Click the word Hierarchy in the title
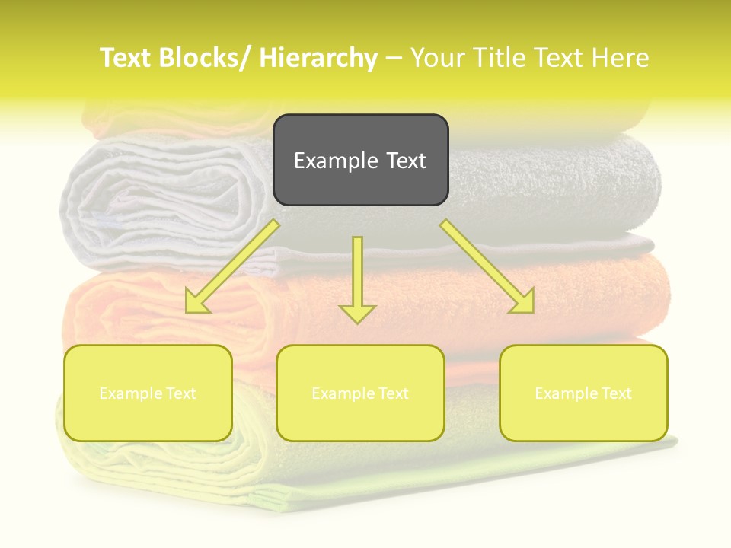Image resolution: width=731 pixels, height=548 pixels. pos(318,58)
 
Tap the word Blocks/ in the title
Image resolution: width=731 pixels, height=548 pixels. pos(202,58)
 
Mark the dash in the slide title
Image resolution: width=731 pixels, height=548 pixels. pos(394,58)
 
